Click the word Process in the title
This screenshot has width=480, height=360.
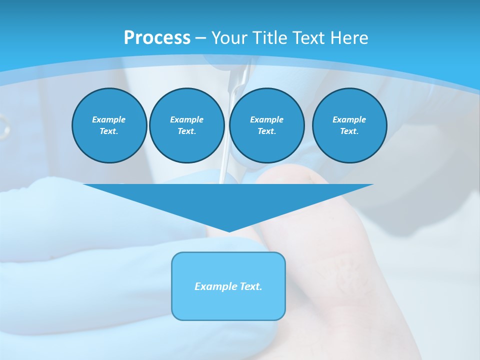157,38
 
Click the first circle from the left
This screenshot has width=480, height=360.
109,125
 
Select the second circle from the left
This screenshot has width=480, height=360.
187,125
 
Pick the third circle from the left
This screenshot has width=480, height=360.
267,125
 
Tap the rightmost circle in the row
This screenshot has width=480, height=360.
349,125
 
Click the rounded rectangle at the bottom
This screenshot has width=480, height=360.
228,286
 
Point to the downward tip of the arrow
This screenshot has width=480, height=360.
228,231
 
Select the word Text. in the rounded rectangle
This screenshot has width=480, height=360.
251,286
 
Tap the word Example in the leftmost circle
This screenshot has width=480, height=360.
109,119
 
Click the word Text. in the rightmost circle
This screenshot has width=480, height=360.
349,131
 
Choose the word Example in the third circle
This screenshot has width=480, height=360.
267,119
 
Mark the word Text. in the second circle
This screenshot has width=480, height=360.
187,131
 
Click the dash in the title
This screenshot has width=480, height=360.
201,38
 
